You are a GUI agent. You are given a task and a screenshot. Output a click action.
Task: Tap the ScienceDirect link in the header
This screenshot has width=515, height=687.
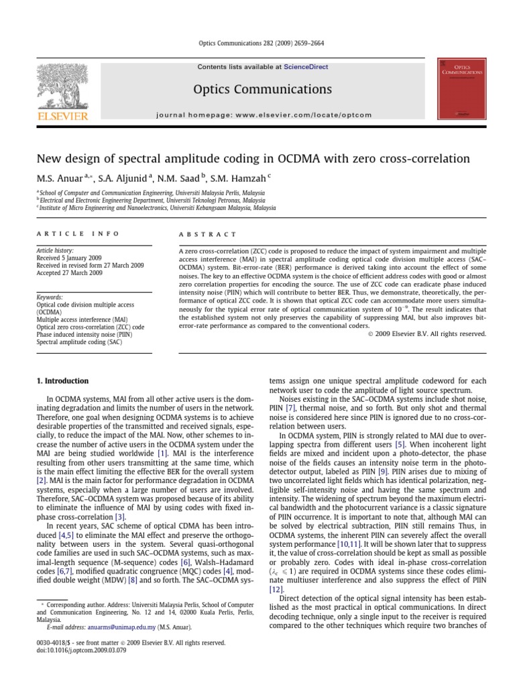click(x=306, y=67)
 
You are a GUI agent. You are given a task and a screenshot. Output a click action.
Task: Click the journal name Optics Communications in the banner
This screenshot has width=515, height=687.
click(x=262, y=89)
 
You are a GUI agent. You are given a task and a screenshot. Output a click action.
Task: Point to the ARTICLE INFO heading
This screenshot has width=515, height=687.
click(x=78, y=233)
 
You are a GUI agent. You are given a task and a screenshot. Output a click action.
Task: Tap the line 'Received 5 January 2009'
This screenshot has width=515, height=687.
click(x=68, y=258)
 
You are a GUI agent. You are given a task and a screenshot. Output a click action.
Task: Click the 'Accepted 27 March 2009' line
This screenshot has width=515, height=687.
click(x=69, y=273)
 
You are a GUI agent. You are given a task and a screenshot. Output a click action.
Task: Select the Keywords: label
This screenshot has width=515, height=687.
click(x=50, y=297)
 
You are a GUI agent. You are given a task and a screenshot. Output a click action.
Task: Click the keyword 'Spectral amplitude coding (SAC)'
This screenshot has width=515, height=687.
click(x=79, y=341)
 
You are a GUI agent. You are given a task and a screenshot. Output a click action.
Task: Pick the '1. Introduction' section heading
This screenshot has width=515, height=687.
click(x=62, y=381)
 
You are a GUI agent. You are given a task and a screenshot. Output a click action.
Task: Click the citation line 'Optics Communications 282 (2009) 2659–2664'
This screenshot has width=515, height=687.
click(x=257, y=42)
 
